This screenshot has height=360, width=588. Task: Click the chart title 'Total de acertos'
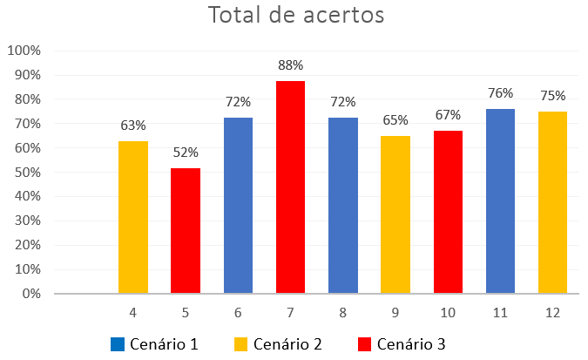tap(295, 16)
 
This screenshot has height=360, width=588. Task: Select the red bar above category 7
tap(290, 187)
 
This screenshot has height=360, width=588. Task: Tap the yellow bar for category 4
tap(133, 217)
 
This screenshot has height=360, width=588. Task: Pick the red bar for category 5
tap(186, 231)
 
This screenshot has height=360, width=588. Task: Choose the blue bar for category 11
tap(500, 201)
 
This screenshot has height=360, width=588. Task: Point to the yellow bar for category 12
tap(552, 202)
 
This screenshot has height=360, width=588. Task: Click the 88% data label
tap(290, 65)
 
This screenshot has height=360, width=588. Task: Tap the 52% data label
tap(186, 152)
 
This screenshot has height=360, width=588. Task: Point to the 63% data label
tap(133, 126)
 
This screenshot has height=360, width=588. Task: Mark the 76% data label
tap(500, 93)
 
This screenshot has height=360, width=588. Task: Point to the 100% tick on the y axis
tap(24, 51)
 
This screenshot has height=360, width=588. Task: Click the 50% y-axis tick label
tap(26, 173)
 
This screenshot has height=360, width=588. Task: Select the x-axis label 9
tap(395, 312)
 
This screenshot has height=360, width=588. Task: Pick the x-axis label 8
tap(342, 312)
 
